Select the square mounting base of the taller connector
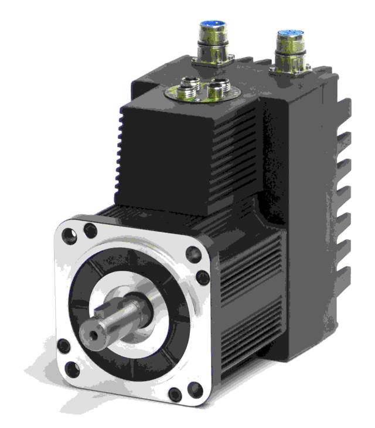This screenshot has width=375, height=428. point(212,59)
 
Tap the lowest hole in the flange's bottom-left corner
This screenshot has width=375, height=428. point(72,369)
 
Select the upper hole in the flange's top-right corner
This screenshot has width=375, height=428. point(193,253)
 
